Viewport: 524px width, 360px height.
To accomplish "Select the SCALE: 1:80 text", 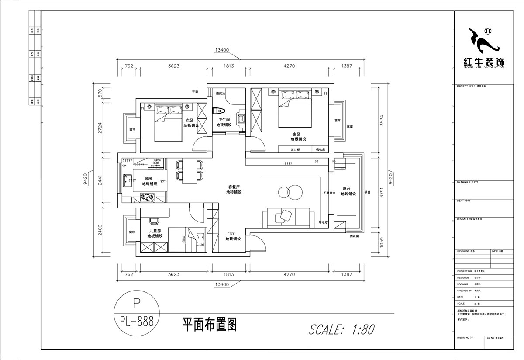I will click(x=341, y=329).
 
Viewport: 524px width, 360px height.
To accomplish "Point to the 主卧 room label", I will click(x=298, y=134).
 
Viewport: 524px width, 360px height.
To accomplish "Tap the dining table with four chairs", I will click(x=190, y=170).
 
